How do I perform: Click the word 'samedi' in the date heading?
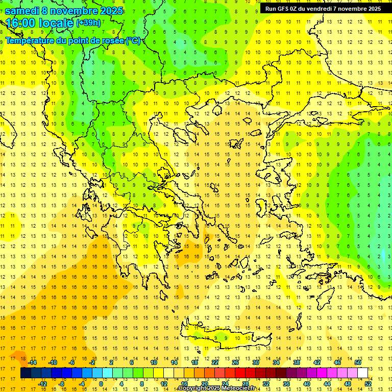22,11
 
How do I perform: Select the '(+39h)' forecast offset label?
88,23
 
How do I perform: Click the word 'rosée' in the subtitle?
112,40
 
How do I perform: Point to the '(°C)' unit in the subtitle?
133,40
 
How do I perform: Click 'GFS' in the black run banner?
284,9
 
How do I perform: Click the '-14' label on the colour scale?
32,362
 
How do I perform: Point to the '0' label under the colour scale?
101,384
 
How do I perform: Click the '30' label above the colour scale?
255,362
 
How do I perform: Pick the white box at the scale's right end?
362,373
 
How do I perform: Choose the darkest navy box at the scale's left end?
26,373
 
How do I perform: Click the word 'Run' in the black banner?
271,9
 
